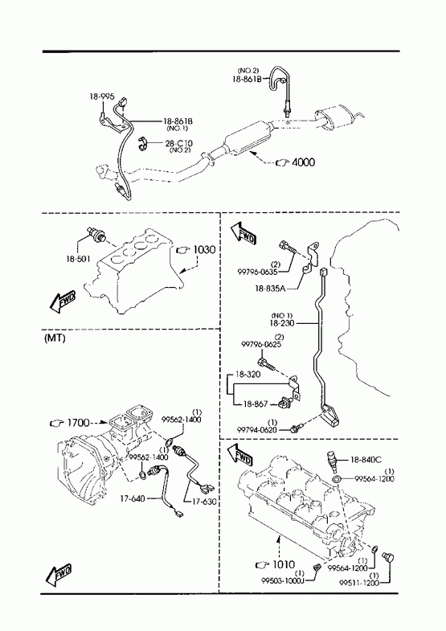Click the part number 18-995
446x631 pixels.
[x=102, y=96]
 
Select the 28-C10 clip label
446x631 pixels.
[x=178, y=143]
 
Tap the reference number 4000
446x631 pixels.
[x=303, y=162]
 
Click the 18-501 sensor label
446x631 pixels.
[x=79, y=259]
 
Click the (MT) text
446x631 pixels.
[x=55, y=338]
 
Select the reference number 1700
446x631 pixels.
[x=79, y=423]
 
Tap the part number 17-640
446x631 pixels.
[x=133, y=499]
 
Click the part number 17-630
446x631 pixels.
[x=204, y=502]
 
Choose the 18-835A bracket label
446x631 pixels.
[x=270, y=289]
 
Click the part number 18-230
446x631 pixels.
[x=282, y=323]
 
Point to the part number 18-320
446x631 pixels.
[x=248, y=375]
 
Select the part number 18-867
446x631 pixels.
[x=255, y=404]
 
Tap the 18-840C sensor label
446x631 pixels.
[x=366, y=460]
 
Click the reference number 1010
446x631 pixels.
[x=284, y=564]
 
